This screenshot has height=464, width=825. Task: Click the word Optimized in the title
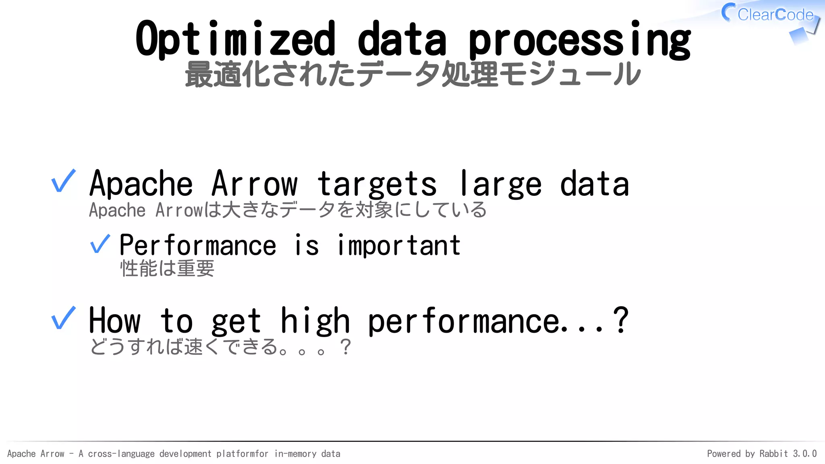235,39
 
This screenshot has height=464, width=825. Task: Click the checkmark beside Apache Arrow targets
64,181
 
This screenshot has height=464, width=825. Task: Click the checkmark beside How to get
64,318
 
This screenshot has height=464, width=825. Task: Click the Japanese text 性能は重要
167,268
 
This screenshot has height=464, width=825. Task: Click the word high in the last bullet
315,321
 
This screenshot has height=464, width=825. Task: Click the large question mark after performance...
620,320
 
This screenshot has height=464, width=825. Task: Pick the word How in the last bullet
115,321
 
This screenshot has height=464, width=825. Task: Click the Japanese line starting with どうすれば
220,347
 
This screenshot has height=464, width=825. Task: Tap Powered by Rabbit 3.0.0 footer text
761,454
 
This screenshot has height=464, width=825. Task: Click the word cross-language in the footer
121,454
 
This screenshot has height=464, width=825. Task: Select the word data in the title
402,39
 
